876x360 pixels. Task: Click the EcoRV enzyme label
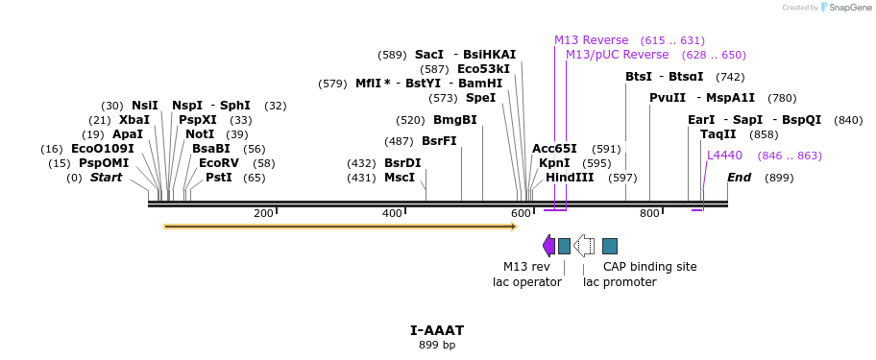tap(219, 163)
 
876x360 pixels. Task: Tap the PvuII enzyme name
tap(668, 98)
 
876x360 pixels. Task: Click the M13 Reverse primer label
tap(591, 40)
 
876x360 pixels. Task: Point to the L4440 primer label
tap(724, 156)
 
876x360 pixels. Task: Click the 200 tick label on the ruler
tap(263, 213)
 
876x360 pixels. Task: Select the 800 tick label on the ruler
tap(649, 213)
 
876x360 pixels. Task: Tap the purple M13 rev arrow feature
tap(548, 246)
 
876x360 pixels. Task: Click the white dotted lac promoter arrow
tap(583, 246)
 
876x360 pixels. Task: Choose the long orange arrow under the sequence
tap(340, 227)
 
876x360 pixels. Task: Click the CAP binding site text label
tap(649, 267)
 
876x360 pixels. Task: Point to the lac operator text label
tap(526, 282)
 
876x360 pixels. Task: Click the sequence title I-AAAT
tap(437, 330)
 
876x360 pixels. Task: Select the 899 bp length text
tap(437, 345)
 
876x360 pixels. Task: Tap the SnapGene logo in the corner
tap(845, 8)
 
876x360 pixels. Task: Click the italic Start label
tap(107, 178)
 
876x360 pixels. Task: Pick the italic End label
tap(739, 178)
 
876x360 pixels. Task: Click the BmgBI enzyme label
tap(454, 120)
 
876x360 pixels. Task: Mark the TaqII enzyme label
tap(718, 134)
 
